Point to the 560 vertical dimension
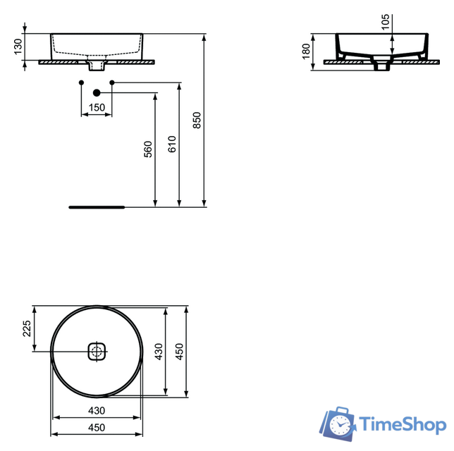148,149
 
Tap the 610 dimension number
172,144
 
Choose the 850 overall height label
197,121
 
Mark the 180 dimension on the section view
307,51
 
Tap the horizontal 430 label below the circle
96,410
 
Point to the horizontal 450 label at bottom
96,428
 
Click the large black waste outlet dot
97,92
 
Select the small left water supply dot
81,84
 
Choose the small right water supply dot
112,84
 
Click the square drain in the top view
97,350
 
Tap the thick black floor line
97,207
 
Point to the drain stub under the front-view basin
97,66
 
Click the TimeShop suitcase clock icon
339,424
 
